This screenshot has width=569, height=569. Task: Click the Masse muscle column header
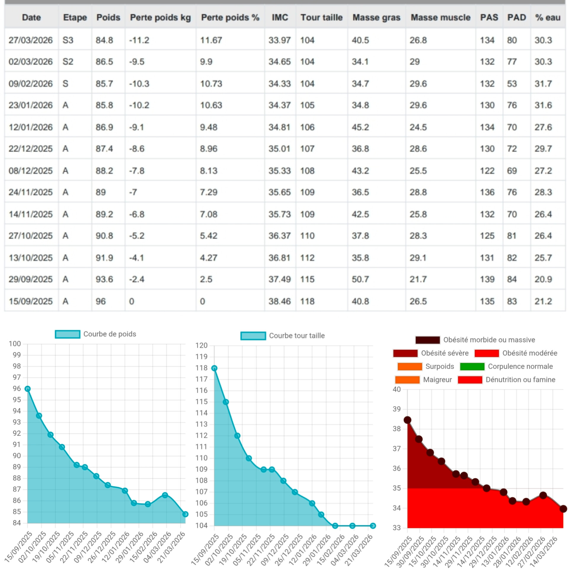point(440,17)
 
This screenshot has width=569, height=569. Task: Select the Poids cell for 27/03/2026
point(104,40)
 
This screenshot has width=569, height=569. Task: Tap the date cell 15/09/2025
point(31,301)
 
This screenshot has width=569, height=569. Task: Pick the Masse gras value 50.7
point(360,279)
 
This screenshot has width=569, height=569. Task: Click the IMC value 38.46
point(279,301)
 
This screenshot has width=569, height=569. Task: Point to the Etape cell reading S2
point(68,62)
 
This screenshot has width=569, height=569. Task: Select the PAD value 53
point(512,84)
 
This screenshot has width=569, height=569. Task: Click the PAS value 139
point(487,279)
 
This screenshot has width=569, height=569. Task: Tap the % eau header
point(547,17)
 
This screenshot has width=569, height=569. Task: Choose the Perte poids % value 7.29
point(208,192)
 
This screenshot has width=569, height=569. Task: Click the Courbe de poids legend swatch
point(68,334)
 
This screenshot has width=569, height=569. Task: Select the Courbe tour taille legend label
point(297,335)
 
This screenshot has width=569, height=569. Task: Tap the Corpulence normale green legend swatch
point(472,366)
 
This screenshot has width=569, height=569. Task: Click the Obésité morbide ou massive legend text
point(489,340)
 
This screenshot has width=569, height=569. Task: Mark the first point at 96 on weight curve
point(28,389)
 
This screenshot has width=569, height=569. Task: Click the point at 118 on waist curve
point(214,368)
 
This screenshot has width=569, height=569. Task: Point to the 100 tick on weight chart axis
point(15,344)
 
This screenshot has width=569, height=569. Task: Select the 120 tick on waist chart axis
point(202,345)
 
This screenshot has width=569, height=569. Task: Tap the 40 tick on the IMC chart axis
point(397,389)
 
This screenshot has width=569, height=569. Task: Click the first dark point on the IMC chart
point(407,420)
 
